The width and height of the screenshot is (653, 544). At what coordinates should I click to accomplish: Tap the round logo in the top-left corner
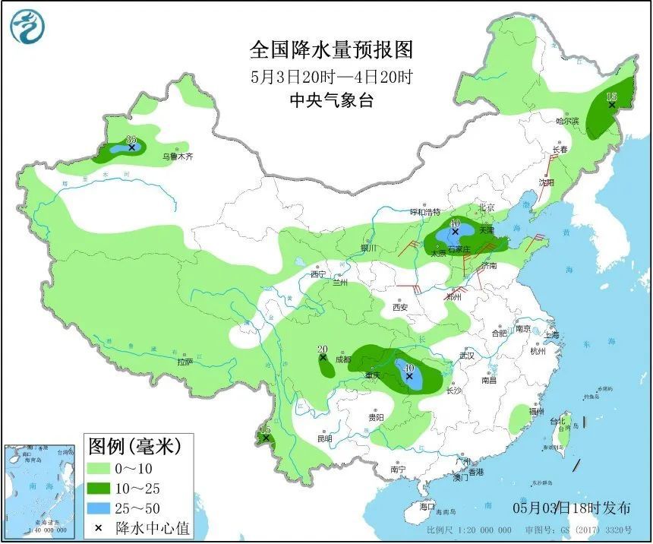pyautogui.click(x=27, y=27)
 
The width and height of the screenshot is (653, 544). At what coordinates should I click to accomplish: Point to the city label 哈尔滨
pyautogui.click(x=566, y=121)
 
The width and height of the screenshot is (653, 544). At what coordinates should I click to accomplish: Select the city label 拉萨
pyautogui.click(x=185, y=362)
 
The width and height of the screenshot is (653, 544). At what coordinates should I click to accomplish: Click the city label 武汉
pyautogui.click(x=466, y=356)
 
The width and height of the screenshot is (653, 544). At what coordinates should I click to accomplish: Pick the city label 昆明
pyautogui.click(x=325, y=438)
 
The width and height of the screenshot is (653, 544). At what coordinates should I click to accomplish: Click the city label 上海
pyautogui.click(x=551, y=335)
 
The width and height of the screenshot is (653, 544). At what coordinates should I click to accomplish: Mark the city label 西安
pyautogui.click(x=400, y=308)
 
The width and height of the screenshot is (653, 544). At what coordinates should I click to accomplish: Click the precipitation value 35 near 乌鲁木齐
pyautogui.click(x=131, y=140)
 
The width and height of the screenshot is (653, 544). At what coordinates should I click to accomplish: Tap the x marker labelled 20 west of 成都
pyautogui.click(x=323, y=357)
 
